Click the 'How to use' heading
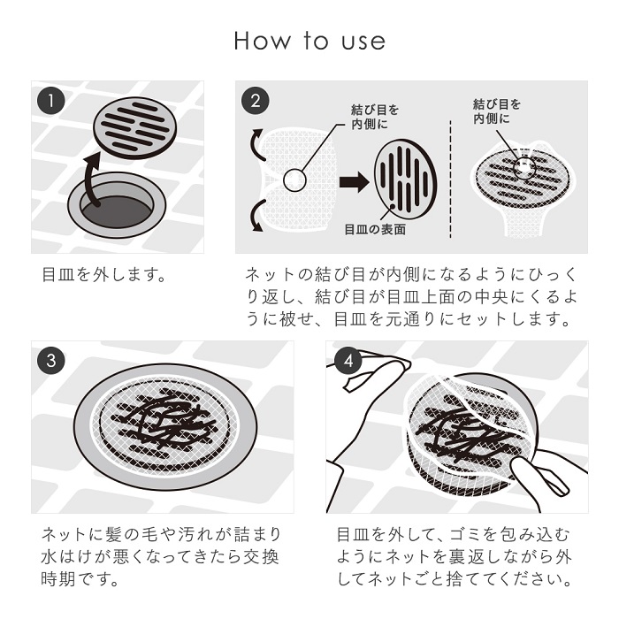click(x=309, y=42)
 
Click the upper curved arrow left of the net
click(x=256, y=144)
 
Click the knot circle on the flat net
click(x=294, y=180)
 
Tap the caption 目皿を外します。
click(x=104, y=274)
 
